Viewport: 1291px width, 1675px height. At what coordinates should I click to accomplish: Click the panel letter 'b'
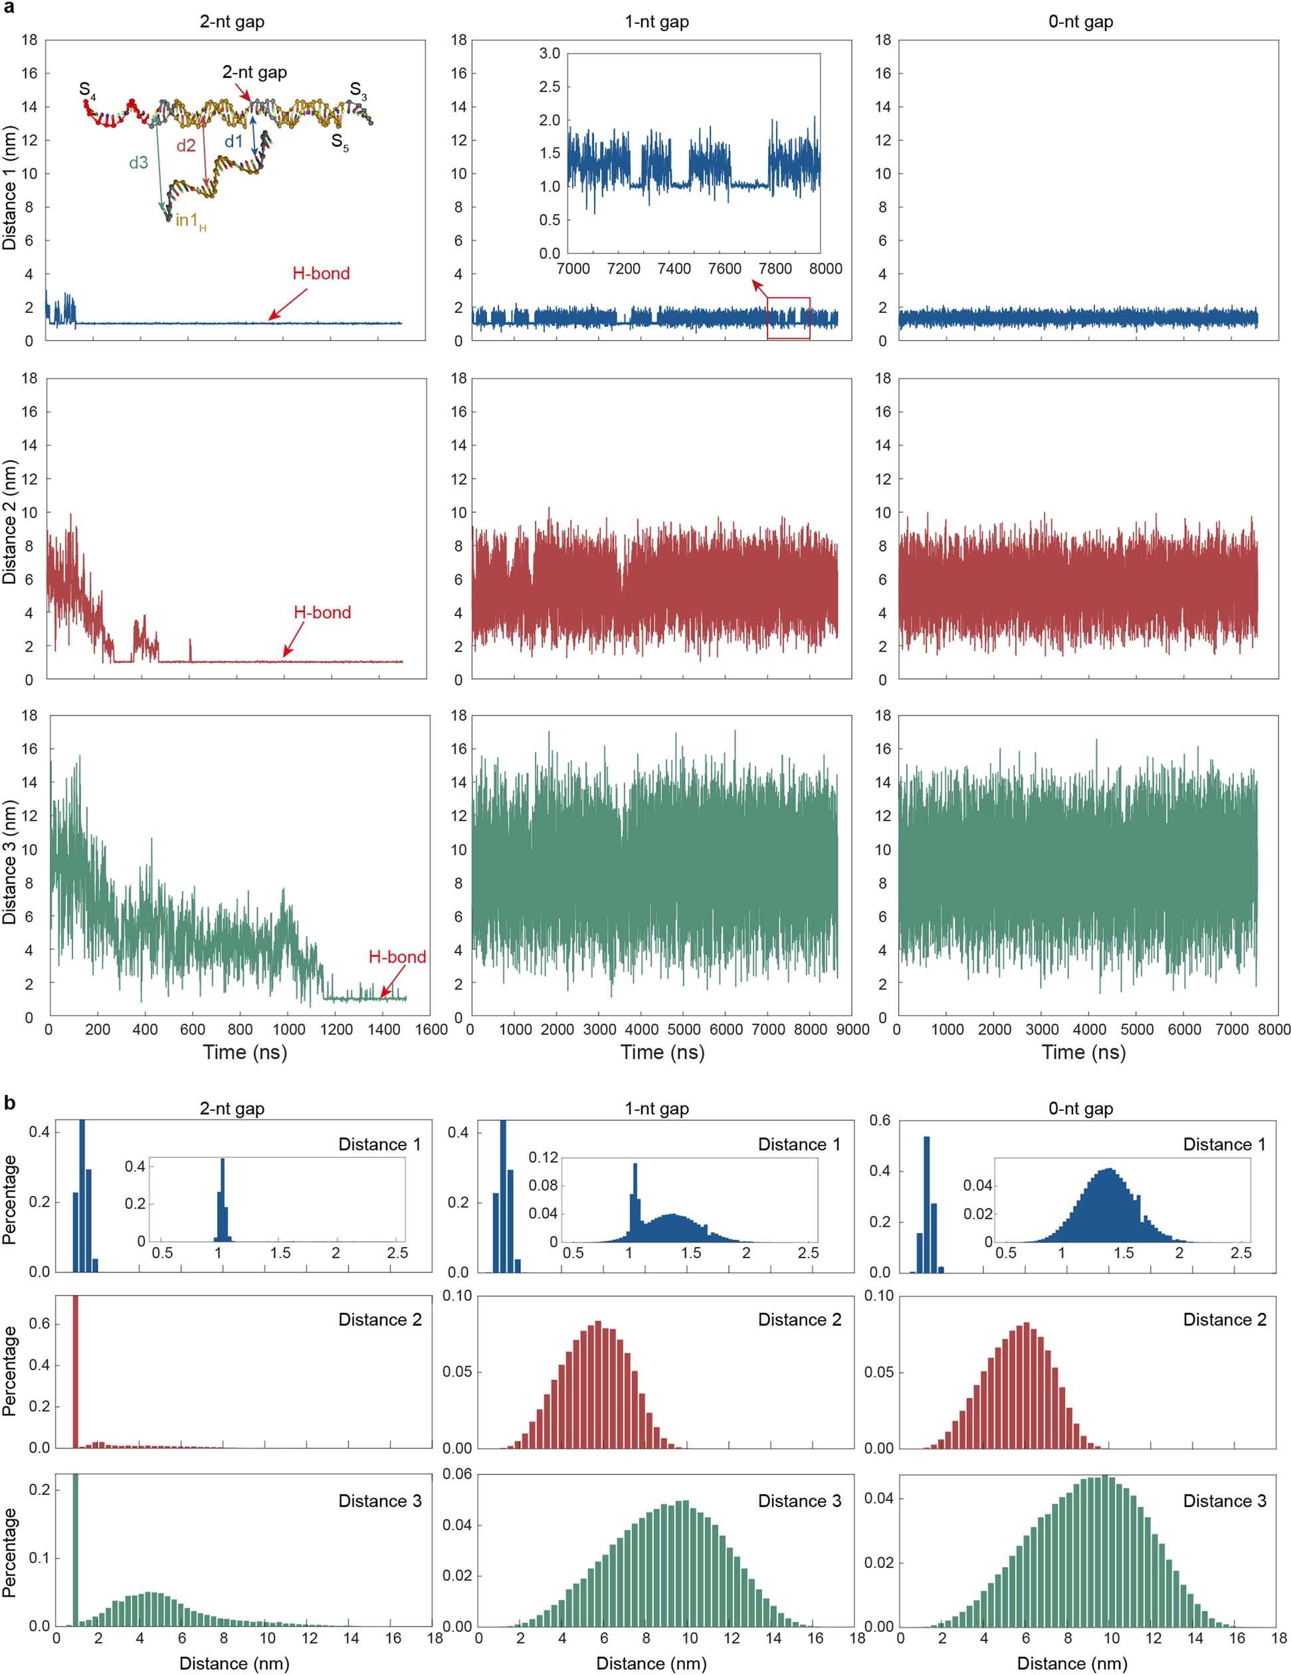point(9,1103)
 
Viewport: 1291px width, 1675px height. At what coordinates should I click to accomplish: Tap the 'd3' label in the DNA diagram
point(138,163)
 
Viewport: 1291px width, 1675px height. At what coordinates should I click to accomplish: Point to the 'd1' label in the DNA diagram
point(233,141)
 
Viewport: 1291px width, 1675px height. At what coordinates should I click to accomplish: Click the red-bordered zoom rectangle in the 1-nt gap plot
point(789,318)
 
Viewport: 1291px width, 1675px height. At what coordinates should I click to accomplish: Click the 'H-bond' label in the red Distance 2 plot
point(322,612)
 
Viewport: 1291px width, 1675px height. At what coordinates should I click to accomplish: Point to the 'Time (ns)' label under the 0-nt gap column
point(1083,1052)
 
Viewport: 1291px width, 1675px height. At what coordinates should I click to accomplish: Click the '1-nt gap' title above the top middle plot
point(656,21)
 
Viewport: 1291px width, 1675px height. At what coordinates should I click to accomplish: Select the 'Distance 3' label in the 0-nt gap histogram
point(1225,1501)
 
